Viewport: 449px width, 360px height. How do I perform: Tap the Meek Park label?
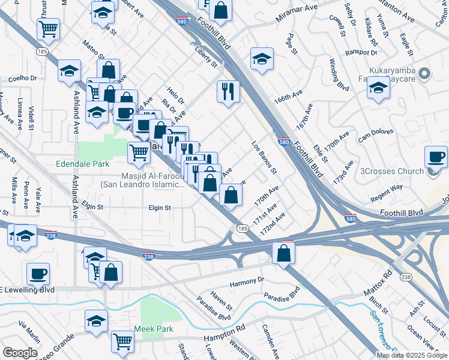[x=154, y=329]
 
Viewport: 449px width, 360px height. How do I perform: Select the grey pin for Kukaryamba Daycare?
[x=425, y=75]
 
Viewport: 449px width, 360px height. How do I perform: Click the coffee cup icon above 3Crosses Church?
[x=436, y=157]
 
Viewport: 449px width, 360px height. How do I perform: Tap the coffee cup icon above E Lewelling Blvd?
[x=38, y=274]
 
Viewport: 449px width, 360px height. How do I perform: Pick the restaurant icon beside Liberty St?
[x=228, y=91]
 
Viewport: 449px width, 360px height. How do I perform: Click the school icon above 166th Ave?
[x=262, y=59]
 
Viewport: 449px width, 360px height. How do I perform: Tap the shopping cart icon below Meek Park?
[x=122, y=341]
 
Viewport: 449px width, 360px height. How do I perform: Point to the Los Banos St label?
[x=264, y=157]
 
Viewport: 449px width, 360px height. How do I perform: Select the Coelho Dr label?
[x=22, y=79]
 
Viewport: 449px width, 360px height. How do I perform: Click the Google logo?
[x=19, y=353]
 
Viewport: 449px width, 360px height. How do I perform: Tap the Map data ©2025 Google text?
[x=411, y=355]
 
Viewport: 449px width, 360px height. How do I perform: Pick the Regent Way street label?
[x=387, y=190]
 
